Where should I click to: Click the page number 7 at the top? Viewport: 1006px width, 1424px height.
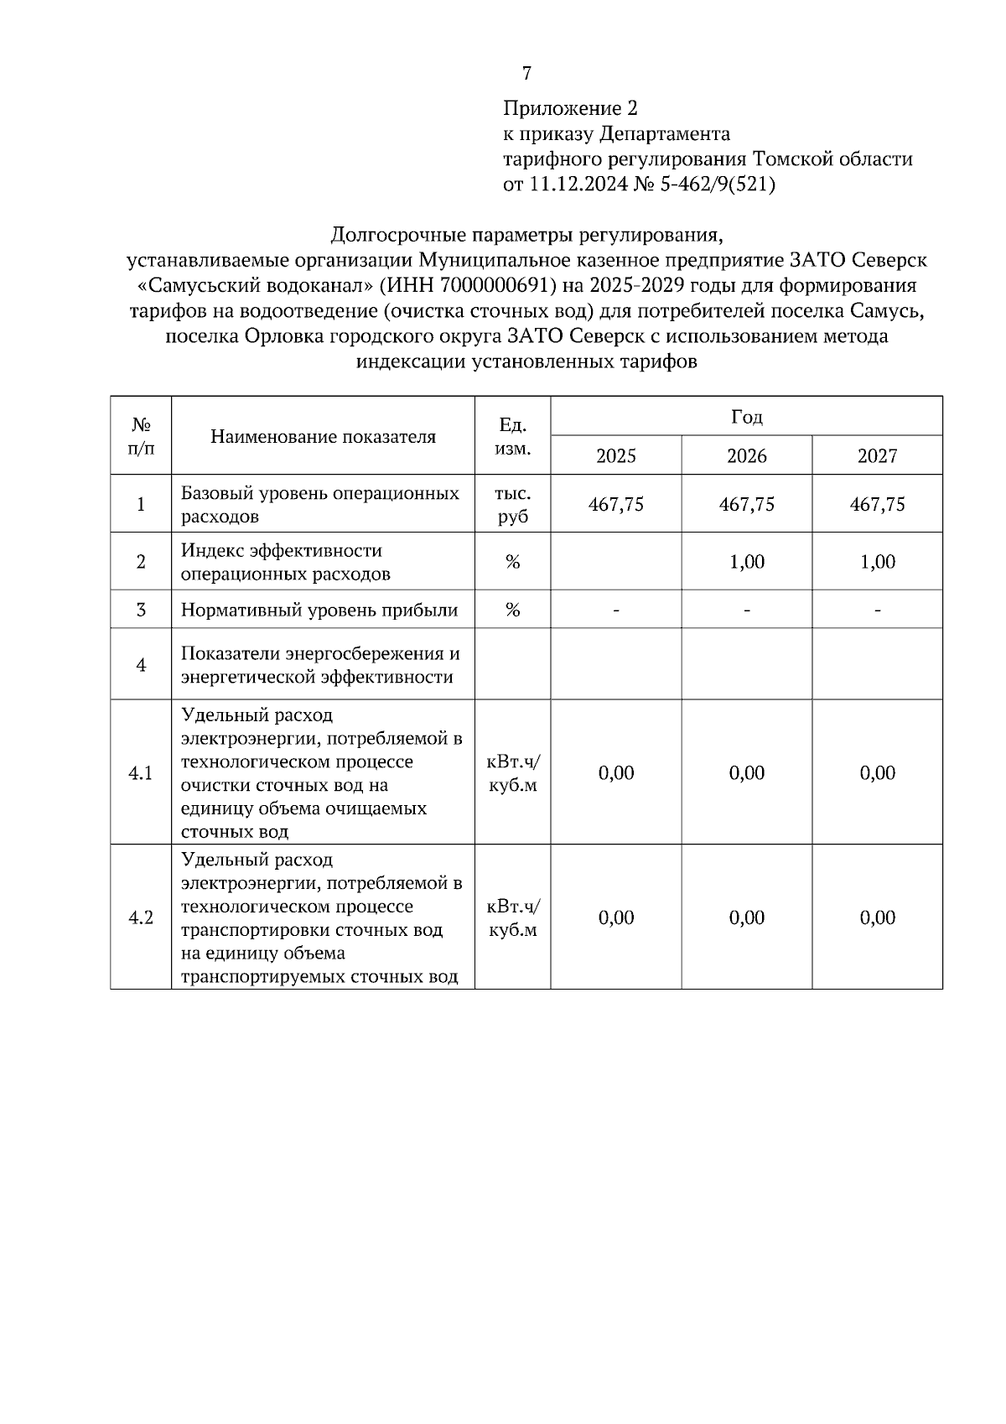coord(526,74)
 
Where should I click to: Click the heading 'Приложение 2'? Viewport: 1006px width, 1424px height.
coord(570,108)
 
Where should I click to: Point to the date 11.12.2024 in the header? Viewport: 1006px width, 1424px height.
coord(578,184)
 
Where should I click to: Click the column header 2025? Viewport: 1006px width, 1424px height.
coord(615,455)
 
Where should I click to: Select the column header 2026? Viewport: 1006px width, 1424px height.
coord(746,455)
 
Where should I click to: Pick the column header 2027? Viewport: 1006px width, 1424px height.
coord(877,455)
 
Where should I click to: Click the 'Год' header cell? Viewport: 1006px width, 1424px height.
coord(746,416)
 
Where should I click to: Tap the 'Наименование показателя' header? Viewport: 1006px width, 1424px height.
coord(323,436)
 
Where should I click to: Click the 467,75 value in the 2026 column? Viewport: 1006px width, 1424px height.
coord(746,504)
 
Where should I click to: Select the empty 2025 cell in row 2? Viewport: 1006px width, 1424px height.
coord(615,561)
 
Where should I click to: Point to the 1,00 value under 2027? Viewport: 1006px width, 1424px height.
coord(877,561)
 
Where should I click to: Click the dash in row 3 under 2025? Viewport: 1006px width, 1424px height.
coord(615,610)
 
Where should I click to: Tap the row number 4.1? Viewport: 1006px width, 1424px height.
coord(140,772)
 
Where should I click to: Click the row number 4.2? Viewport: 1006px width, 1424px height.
coord(140,917)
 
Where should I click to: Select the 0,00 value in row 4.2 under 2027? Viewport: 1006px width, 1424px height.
coord(877,917)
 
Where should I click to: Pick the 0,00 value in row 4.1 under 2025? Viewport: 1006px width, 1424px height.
coord(615,772)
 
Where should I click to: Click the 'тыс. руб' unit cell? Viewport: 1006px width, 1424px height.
coord(512,504)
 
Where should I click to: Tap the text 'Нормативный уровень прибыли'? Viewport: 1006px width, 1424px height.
coord(319,610)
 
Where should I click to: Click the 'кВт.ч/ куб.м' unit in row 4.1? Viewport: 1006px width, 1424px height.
coord(512,772)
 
